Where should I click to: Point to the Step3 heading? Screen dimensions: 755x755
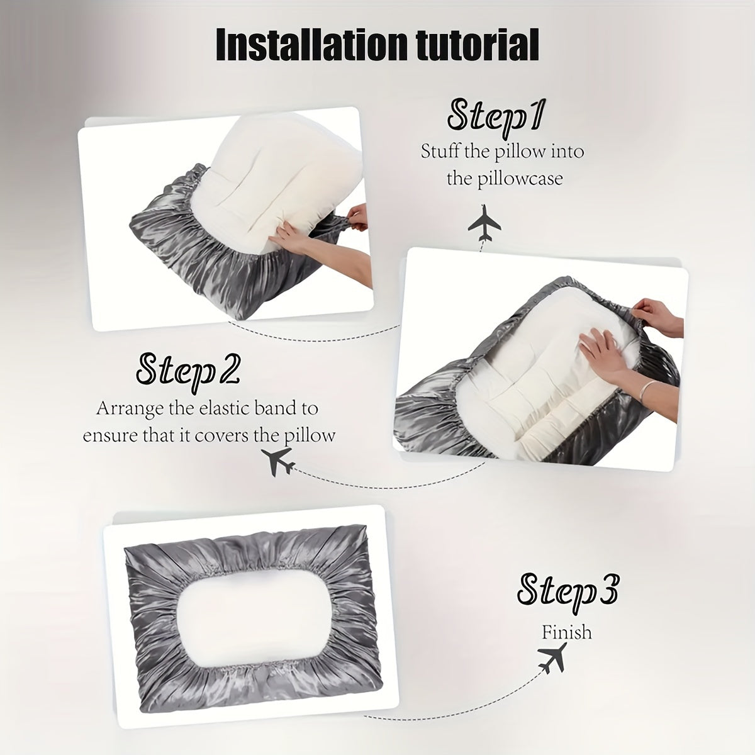(567, 589)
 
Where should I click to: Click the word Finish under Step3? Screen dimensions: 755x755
(567, 631)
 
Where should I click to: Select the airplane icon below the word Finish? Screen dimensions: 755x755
(552, 659)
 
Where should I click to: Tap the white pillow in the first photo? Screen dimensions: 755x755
(252, 170)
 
